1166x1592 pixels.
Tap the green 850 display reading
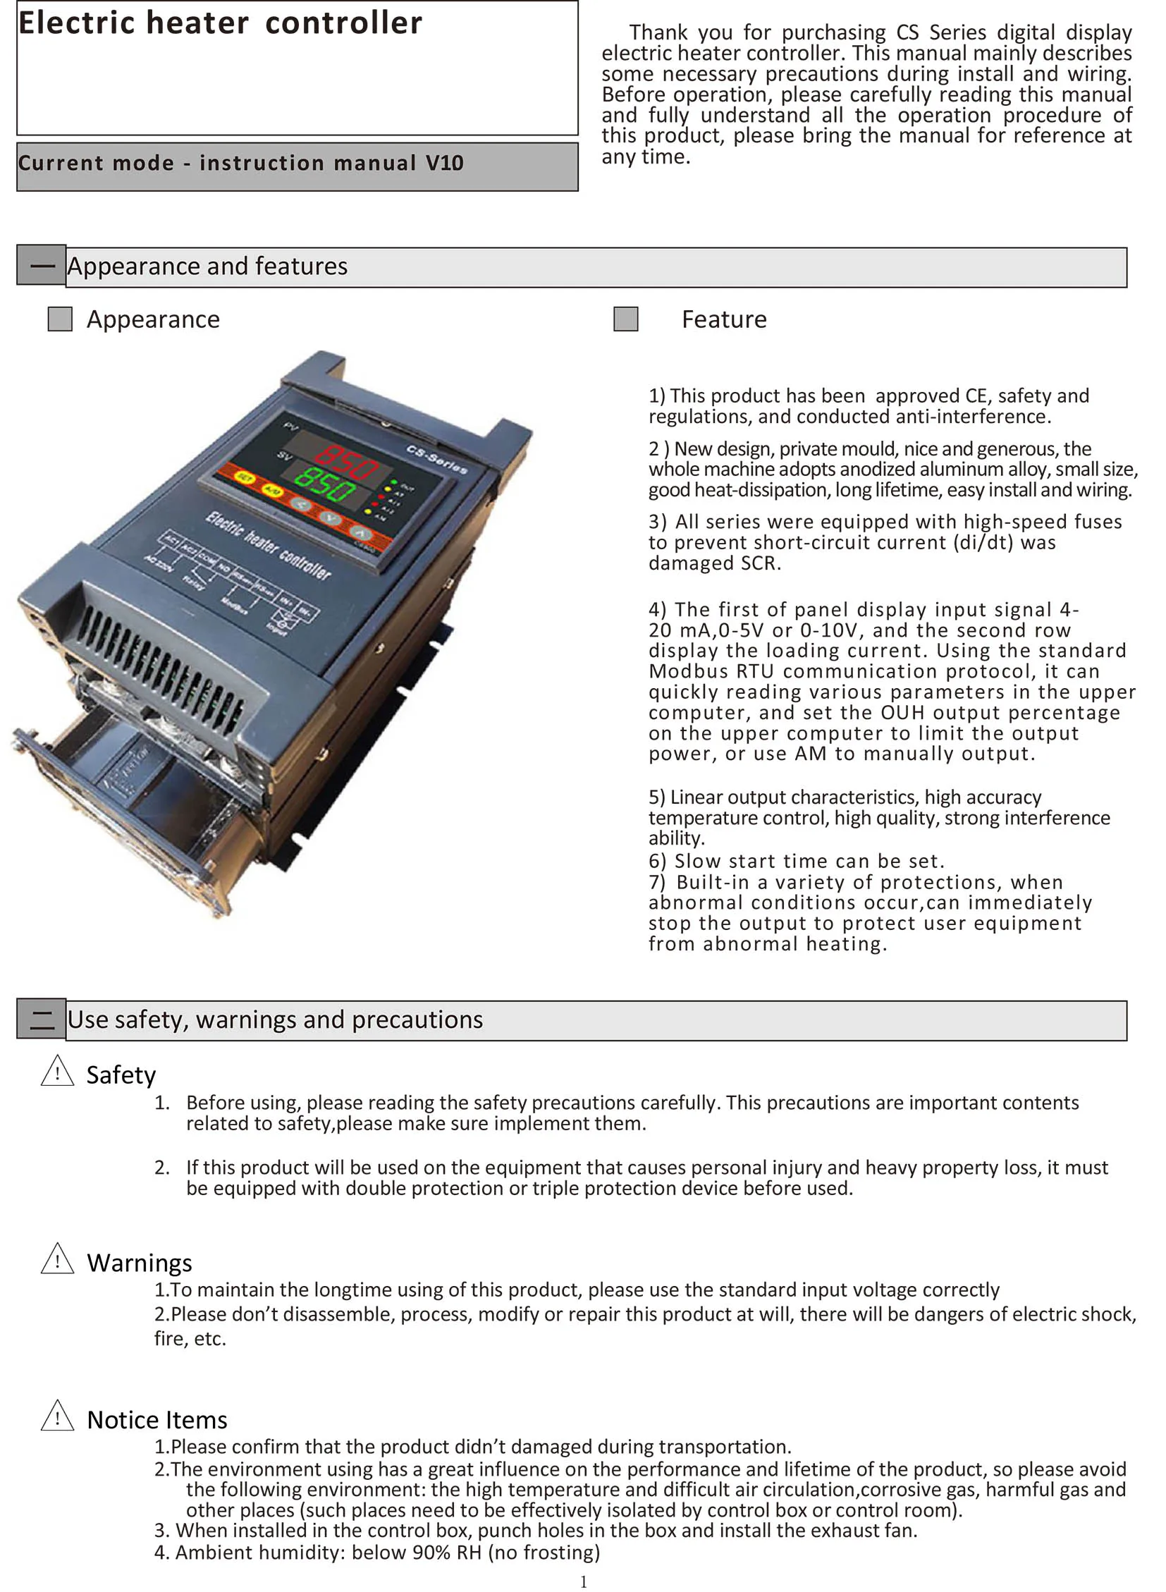[x=325, y=483]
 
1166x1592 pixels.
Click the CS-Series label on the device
[x=437, y=459]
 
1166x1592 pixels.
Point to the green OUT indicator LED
[x=394, y=482]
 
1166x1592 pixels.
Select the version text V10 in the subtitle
[x=444, y=163]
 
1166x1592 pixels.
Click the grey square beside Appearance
[x=60, y=319]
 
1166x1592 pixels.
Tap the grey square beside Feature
[x=625, y=319]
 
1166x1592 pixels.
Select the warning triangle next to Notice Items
[x=57, y=1416]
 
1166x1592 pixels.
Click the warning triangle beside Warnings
[x=57, y=1259]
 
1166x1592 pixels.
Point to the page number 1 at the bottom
[x=583, y=1581]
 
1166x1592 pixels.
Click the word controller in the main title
[x=344, y=23]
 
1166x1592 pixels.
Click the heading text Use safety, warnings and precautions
[x=274, y=1020]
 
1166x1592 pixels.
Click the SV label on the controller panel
[x=283, y=455]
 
